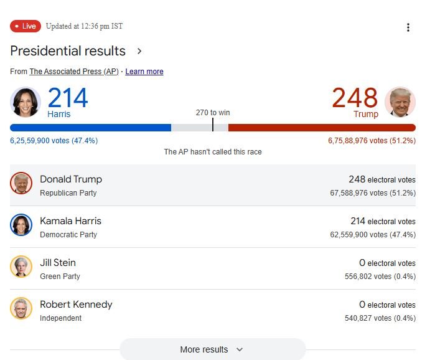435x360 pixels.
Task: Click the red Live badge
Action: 26,26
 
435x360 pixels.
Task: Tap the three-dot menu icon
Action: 408,27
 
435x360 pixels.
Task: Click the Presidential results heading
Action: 68,51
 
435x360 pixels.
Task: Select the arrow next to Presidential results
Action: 139,51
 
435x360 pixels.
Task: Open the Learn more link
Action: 144,72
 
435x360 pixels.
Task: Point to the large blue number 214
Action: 68,98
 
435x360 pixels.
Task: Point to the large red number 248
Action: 355,98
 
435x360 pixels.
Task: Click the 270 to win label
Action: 213,113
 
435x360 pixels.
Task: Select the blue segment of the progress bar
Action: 90,128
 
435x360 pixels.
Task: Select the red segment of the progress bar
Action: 322,128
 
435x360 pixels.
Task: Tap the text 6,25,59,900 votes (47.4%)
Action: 54,141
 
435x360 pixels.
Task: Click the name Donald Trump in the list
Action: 71,179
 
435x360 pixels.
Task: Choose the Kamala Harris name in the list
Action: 70,221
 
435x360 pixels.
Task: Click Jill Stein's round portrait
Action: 21,267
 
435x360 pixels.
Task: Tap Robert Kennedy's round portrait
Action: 21,308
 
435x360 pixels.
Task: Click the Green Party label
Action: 60,276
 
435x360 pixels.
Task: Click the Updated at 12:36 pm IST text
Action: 84,26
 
